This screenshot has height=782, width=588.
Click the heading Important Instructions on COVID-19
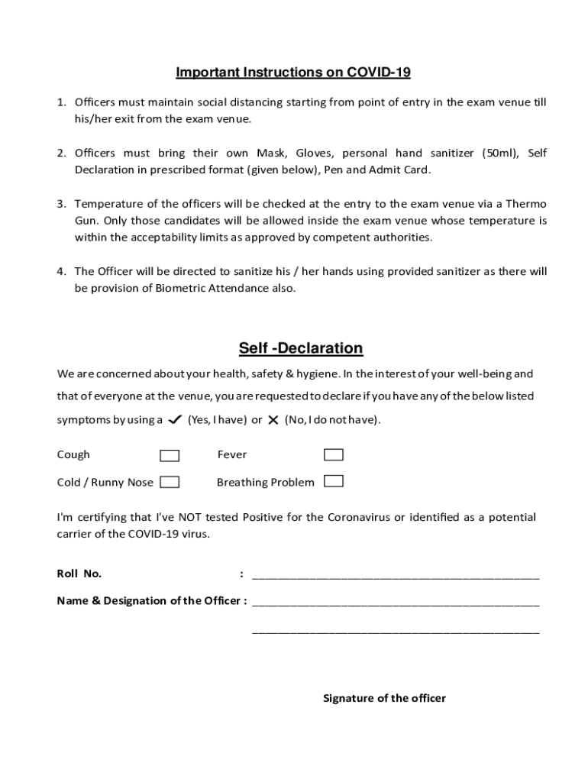pyautogui.click(x=293, y=73)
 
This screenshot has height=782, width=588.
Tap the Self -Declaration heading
pyautogui.click(x=301, y=348)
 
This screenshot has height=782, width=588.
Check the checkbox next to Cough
pyautogui.click(x=170, y=456)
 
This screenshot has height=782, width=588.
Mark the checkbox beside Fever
pyautogui.click(x=334, y=455)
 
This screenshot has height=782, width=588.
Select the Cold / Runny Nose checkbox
pyautogui.click(x=170, y=482)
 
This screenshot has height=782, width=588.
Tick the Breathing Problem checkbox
pyautogui.click(x=334, y=481)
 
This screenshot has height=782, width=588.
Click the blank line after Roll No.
pyautogui.click(x=396, y=575)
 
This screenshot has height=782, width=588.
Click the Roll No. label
pyautogui.click(x=79, y=574)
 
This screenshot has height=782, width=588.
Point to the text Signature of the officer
pyautogui.click(x=384, y=698)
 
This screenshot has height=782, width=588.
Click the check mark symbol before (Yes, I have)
pyautogui.click(x=174, y=420)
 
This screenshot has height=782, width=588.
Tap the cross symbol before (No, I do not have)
pyautogui.click(x=273, y=420)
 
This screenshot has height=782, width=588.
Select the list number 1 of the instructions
pyautogui.click(x=60, y=102)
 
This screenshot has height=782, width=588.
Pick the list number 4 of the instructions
pyautogui.click(x=60, y=271)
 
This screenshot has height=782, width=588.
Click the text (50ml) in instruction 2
pyautogui.click(x=499, y=153)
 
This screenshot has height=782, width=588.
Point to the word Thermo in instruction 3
pyautogui.click(x=526, y=204)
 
